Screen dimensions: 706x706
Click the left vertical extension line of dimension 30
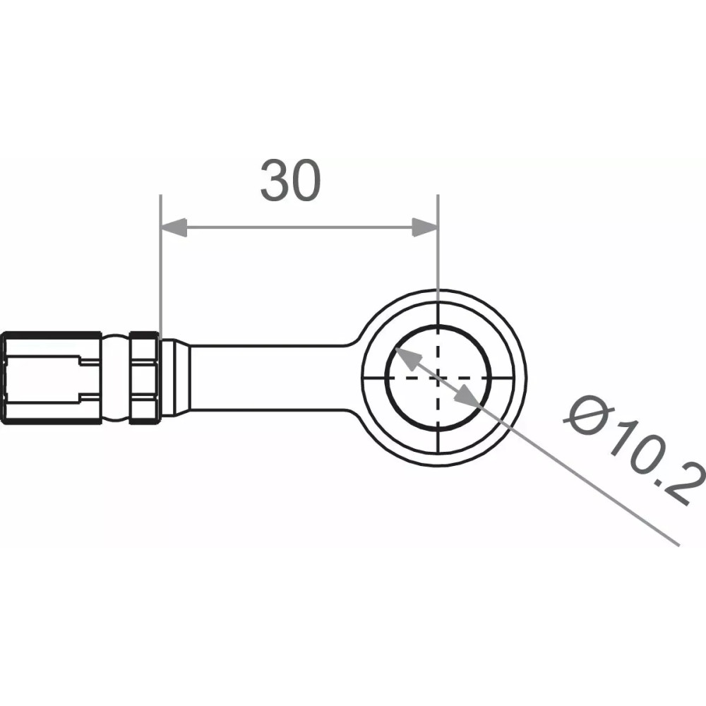161,282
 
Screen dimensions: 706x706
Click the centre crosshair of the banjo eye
438,377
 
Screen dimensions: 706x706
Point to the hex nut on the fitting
143,377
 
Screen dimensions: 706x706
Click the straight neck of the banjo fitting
268,377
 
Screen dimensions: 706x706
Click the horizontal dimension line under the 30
297,227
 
